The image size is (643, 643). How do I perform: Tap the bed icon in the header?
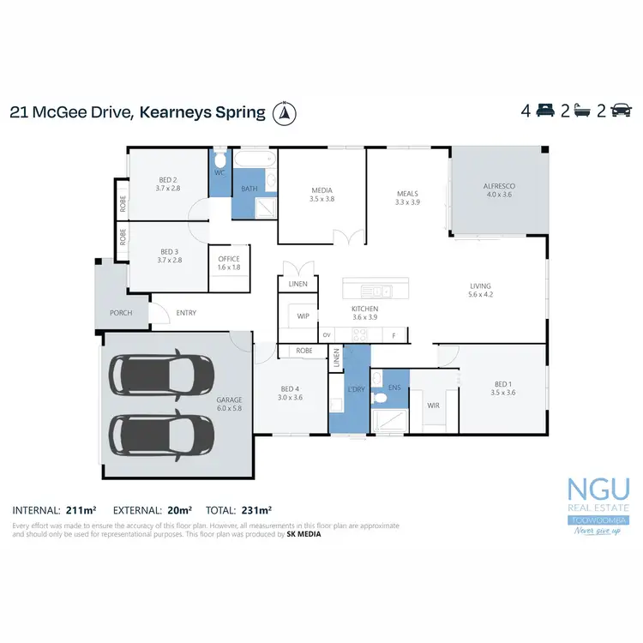[x=544, y=111]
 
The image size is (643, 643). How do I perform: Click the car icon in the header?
[x=621, y=111]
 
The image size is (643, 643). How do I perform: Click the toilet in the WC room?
[x=219, y=160]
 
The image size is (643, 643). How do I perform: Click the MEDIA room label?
[x=321, y=190]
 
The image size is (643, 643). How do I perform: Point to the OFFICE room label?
[x=229, y=259]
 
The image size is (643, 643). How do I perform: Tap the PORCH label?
[x=121, y=313]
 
